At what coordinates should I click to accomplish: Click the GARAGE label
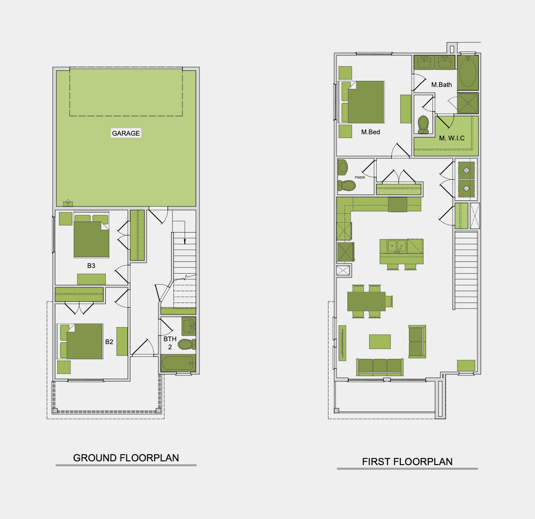coord(126,133)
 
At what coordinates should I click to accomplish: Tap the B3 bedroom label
coord(91,266)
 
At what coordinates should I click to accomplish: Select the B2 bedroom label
coord(109,342)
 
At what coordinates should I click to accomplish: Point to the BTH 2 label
coord(170,343)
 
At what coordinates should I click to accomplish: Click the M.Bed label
coord(371,132)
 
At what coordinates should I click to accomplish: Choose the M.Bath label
coord(441,85)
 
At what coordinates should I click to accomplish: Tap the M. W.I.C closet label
coord(452,138)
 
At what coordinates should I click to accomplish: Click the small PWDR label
coord(360,177)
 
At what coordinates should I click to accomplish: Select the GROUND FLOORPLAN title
coord(126,458)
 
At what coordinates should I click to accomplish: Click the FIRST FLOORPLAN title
coord(407,462)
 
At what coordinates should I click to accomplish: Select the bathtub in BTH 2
coord(178,363)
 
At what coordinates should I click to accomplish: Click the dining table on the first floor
coord(366,301)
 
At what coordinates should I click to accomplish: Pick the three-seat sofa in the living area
coord(380,367)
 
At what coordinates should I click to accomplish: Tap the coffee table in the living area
coord(380,342)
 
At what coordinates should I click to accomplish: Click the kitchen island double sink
coord(397,246)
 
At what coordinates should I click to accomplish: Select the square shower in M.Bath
coord(468,103)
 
